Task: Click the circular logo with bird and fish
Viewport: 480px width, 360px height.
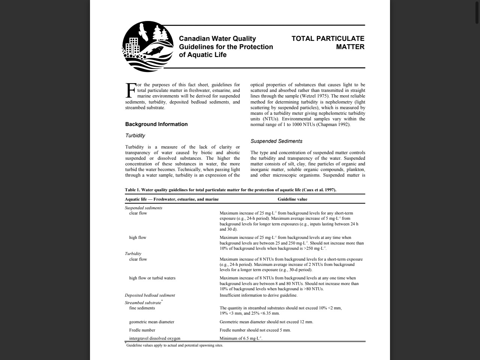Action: pos(148,46)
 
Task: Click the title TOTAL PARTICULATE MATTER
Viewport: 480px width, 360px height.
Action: pos(328,42)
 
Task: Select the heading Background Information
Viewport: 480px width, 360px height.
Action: pos(156,124)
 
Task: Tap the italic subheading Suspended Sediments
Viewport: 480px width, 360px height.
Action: pos(276,141)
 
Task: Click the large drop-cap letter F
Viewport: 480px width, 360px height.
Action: pos(130,90)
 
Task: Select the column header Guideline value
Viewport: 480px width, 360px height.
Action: pos(292,199)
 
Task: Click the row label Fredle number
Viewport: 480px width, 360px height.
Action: pos(142,330)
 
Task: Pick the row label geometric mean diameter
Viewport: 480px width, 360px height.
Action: pos(151,322)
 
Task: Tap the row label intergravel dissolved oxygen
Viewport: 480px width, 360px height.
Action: pos(154,338)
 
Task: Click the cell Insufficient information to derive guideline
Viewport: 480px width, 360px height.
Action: pos(258,295)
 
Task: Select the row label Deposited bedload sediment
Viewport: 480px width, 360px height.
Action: pos(150,295)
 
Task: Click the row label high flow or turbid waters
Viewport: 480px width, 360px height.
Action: pos(152,278)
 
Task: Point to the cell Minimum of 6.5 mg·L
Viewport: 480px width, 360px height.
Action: pos(241,338)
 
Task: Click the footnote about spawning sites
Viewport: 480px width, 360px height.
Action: pos(174,345)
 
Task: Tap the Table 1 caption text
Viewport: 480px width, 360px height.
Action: pos(230,190)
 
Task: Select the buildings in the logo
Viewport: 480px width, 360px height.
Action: pos(132,46)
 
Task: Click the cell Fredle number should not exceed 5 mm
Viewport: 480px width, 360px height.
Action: pos(255,330)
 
